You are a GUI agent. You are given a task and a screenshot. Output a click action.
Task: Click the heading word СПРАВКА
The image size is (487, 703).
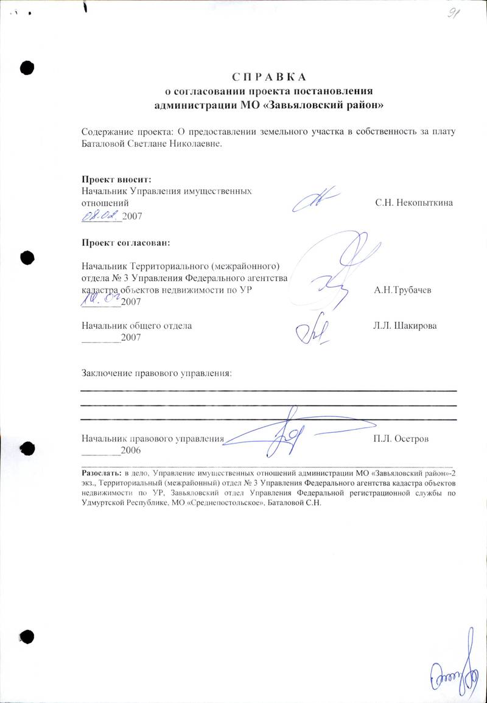click(x=268, y=77)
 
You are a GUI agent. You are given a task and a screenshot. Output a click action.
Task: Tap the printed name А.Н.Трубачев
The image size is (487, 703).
click(x=403, y=290)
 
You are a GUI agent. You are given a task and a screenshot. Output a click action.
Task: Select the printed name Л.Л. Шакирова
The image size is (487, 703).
click(x=405, y=326)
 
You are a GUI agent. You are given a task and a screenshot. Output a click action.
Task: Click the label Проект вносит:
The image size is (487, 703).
click(x=116, y=179)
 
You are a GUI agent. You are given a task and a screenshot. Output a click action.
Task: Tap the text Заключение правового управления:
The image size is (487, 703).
click(x=157, y=371)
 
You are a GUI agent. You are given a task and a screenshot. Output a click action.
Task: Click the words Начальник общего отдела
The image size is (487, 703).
click(x=137, y=326)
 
